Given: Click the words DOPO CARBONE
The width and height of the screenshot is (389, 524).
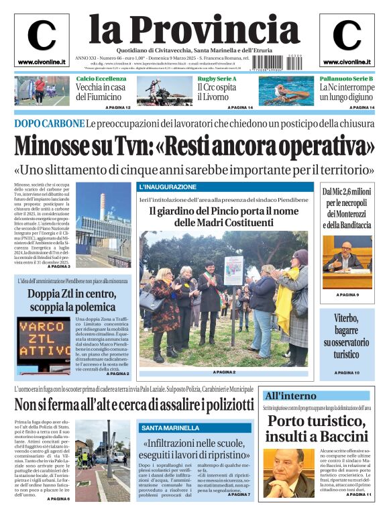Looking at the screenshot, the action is [48, 123].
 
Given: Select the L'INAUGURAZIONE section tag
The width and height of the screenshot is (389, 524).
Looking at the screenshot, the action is [168, 187].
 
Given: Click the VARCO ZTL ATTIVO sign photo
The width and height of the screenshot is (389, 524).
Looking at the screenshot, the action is [43, 346].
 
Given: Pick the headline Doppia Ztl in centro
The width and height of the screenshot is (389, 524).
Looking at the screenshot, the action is [72, 299].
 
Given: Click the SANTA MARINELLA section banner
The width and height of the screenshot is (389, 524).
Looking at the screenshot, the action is [170, 427].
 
